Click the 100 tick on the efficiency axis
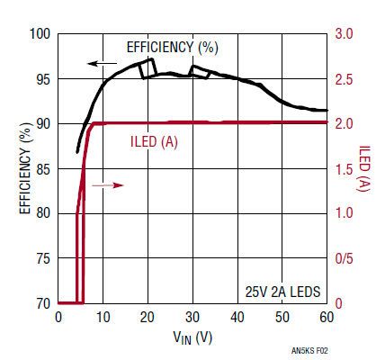tap(40, 34)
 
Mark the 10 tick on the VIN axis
tap(103, 317)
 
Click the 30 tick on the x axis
tap(192, 317)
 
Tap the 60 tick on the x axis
tap(327, 317)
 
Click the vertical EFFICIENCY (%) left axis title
tap(19, 168)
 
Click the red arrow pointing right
tap(106, 184)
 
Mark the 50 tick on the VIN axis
tap(282, 317)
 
